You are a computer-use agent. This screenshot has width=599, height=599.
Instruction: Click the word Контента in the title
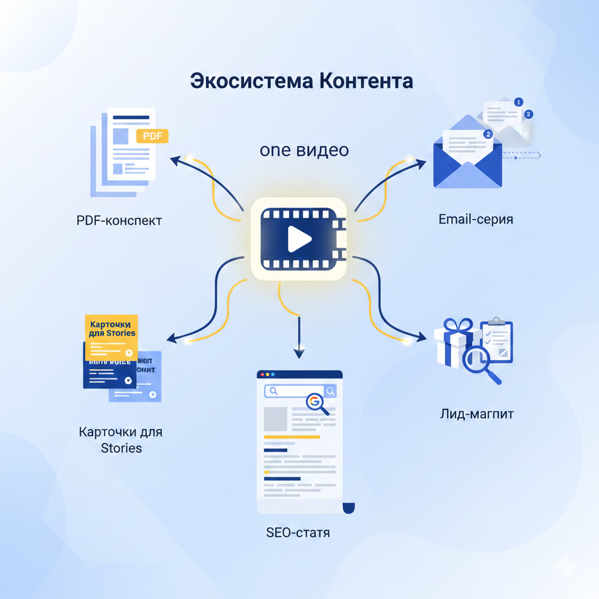tap(366, 81)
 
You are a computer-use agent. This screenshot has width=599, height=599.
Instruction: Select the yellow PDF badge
tap(152, 136)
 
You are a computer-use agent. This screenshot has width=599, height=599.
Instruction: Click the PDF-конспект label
tap(119, 221)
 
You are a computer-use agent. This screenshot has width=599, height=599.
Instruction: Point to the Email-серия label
tap(476, 219)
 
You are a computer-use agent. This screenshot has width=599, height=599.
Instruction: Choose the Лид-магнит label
tap(477, 414)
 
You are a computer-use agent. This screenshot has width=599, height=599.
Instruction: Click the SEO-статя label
tap(298, 533)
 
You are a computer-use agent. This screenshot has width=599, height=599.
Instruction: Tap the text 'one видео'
tap(304, 150)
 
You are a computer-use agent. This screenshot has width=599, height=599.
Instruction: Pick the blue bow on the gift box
tap(457, 325)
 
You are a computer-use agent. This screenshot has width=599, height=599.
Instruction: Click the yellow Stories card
tap(112, 337)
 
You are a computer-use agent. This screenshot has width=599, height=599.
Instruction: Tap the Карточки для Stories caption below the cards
tap(121, 440)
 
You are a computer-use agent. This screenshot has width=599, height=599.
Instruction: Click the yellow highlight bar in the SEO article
tap(292, 437)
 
